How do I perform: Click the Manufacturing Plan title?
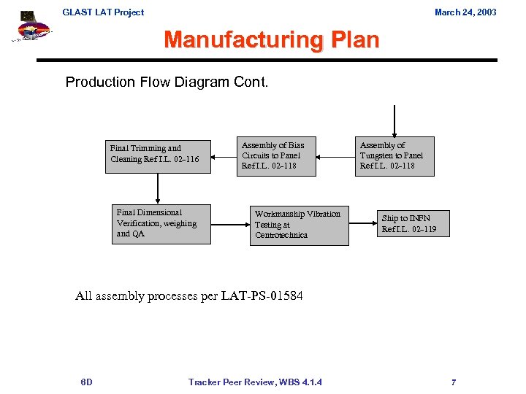point(271,39)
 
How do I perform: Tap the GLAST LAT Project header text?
point(103,12)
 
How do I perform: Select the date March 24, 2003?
point(465,12)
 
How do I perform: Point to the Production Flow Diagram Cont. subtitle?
point(167,82)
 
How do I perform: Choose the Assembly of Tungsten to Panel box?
point(394,156)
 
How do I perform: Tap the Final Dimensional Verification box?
point(161,223)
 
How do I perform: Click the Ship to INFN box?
point(413,224)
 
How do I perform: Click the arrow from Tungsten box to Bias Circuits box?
point(335,155)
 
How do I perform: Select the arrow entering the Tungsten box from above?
point(394,121)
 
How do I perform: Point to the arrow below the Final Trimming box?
point(156,190)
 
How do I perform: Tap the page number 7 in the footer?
point(454,382)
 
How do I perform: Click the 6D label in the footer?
point(86,382)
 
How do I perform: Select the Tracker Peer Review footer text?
point(255,382)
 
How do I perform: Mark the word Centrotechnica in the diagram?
point(281,235)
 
